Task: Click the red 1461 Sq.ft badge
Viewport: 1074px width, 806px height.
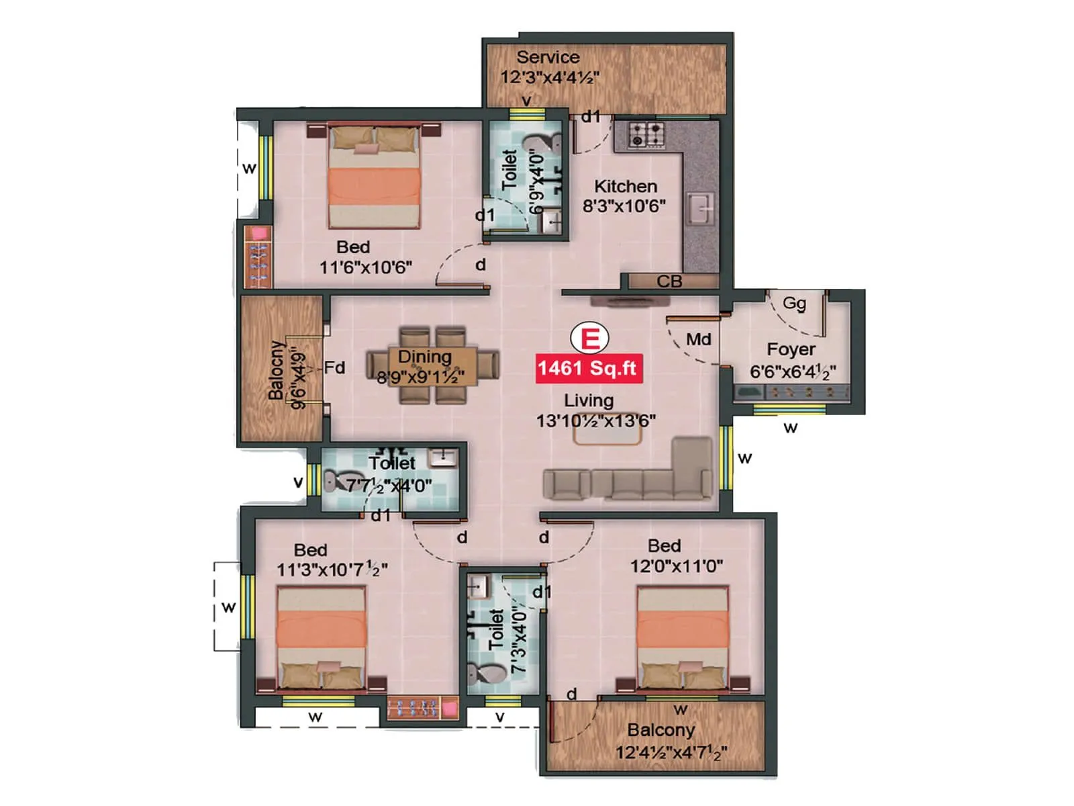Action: [x=588, y=369]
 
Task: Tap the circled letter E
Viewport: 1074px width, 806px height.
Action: [x=589, y=338]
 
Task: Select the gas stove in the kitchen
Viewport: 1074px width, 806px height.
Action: [x=647, y=134]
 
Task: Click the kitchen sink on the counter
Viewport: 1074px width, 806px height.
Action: [x=701, y=210]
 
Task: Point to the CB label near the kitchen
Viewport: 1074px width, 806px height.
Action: [x=669, y=281]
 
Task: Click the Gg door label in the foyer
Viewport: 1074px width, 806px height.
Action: [x=794, y=303]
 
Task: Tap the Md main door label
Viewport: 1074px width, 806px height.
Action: [x=698, y=339]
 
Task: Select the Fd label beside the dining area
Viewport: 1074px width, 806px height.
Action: [x=334, y=367]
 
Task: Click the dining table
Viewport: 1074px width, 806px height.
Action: [x=432, y=366]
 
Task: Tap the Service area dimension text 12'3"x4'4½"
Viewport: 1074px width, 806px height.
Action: [x=550, y=77]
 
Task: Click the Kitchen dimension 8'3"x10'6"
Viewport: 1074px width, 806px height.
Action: [x=624, y=206]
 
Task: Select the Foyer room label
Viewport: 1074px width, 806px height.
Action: [x=791, y=349]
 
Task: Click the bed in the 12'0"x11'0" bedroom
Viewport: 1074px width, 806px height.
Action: [x=683, y=638]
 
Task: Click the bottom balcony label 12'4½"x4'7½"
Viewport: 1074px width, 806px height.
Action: [x=671, y=752]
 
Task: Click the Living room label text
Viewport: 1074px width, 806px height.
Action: [x=589, y=400]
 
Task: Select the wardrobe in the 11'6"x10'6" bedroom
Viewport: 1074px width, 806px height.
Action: [x=258, y=257]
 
